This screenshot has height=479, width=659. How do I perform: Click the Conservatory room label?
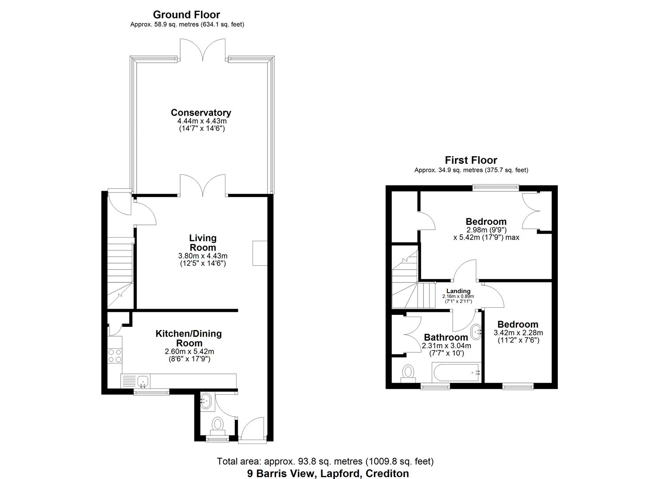click(201, 113)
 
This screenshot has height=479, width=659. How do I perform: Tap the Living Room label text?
click(203, 243)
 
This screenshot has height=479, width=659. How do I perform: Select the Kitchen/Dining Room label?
click(188, 338)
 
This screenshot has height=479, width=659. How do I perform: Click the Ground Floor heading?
click(186, 15)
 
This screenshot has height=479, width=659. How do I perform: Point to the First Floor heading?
click(471, 160)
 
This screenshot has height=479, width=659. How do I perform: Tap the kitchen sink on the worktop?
click(143, 380)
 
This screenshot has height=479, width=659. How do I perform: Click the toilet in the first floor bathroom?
click(407, 373)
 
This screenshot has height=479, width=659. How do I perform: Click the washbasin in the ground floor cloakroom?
click(206, 402)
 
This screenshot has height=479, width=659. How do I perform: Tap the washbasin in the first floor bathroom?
click(477, 331)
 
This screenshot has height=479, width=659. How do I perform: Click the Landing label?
click(458, 291)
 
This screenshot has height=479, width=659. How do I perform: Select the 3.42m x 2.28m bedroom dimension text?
click(518, 333)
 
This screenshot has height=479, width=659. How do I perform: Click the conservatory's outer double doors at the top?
click(203, 50)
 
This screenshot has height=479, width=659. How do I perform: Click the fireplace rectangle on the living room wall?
click(260, 253)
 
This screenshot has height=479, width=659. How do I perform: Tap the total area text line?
click(325, 462)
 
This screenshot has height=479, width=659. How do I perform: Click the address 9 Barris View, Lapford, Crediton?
click(328, 473)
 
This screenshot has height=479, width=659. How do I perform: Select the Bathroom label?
click(446, 338)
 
